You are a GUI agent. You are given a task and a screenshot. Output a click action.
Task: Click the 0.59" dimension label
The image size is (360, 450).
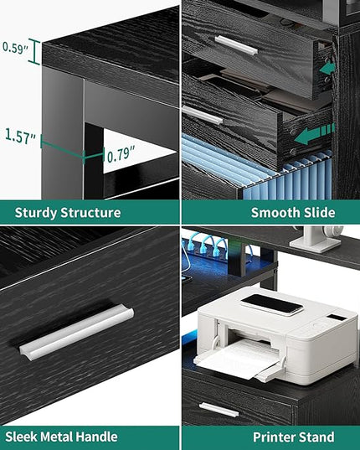coord(15,48)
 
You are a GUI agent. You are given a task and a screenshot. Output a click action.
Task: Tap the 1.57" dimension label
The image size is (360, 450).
coord(20,136)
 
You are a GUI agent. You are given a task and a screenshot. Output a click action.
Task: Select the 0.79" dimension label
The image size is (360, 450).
coord(121,154)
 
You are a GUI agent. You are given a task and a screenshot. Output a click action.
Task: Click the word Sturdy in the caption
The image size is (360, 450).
coord(36,213)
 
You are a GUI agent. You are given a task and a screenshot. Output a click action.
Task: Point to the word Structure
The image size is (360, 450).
coord(90,213)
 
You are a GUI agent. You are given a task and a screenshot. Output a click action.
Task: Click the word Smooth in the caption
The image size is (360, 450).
coord(271,213)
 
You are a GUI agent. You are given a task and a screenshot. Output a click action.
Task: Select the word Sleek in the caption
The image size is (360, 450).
coord(22,437)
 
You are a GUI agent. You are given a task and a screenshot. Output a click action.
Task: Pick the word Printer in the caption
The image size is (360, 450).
coord(274,437)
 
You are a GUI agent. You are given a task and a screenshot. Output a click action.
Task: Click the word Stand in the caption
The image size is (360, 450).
coord(316,437)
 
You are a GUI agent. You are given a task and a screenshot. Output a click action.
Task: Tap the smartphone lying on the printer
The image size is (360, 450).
coord(272,304)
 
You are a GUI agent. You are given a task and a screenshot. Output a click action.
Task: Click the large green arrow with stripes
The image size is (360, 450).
coord(315,133)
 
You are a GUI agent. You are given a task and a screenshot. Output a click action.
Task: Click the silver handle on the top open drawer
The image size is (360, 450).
coord(236,44)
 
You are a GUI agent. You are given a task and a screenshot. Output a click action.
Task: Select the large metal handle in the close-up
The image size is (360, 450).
coord(76,332)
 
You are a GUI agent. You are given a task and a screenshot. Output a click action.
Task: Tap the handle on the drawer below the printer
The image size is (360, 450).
coord(219,410)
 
